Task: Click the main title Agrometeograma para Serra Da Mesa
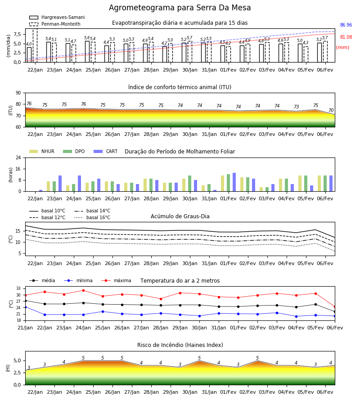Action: coord(180,8)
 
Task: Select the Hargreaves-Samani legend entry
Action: coord(57,17)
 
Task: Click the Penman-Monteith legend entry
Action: coord(55,24)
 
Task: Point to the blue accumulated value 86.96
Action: coord(346,25)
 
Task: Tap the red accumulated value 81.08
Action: coord(346,37)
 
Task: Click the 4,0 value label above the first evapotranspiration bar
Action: coord(29,44)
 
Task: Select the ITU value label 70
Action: coord(331,110)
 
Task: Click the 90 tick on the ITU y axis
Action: coord(18,93)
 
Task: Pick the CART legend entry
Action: coord(106,151)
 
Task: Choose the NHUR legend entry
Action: coord(42,151)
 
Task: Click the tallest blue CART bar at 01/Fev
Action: coord(234,182)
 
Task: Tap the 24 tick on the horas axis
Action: coord(18,157)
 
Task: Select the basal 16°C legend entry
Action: coord(92,217)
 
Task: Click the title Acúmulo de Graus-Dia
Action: coord(180,216)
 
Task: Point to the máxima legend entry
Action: coord(117,280)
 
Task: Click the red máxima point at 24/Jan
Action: coord(83,290)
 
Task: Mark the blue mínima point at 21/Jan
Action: coord(25,307)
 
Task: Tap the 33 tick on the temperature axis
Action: coord(18,288)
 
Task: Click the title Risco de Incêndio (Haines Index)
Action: coord(180,345)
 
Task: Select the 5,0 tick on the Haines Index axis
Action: coord(17,360)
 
